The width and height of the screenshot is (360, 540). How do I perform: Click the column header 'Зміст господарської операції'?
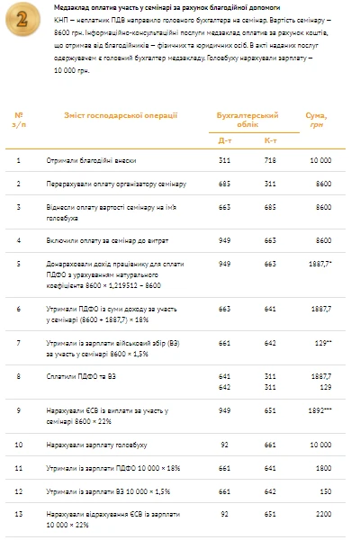point(108,115)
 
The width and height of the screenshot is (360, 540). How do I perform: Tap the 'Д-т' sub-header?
point(224,140)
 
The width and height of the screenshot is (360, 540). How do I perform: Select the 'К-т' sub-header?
point(270,140)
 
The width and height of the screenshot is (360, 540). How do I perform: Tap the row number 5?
point(19,264)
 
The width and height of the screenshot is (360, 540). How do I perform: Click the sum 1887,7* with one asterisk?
point(321,264)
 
